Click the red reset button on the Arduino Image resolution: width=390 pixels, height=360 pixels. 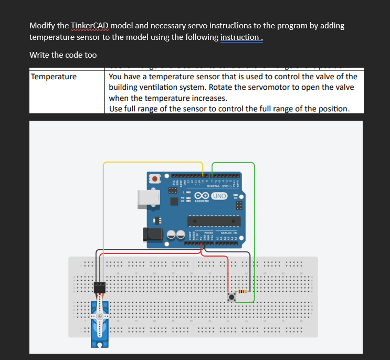pos(155,179)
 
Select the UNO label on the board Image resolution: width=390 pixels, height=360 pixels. pos(219,196)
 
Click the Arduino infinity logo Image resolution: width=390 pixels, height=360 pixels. pos(202,196)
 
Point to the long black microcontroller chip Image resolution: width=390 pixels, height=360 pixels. pos(214,220)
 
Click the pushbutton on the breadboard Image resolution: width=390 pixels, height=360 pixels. pos(231,297)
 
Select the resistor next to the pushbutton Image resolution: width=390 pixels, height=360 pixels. pos(243,291)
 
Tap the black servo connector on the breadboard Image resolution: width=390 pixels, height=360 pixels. pos(99,288)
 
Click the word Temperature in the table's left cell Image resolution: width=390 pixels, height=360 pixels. pos(54,77)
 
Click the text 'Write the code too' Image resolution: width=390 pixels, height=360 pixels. pos(63,55)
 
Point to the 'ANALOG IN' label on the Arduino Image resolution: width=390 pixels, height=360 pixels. pos(228,232)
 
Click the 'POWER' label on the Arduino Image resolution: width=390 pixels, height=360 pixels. pos(208,232)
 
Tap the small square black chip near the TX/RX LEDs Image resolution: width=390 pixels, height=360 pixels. pos(172,192)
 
